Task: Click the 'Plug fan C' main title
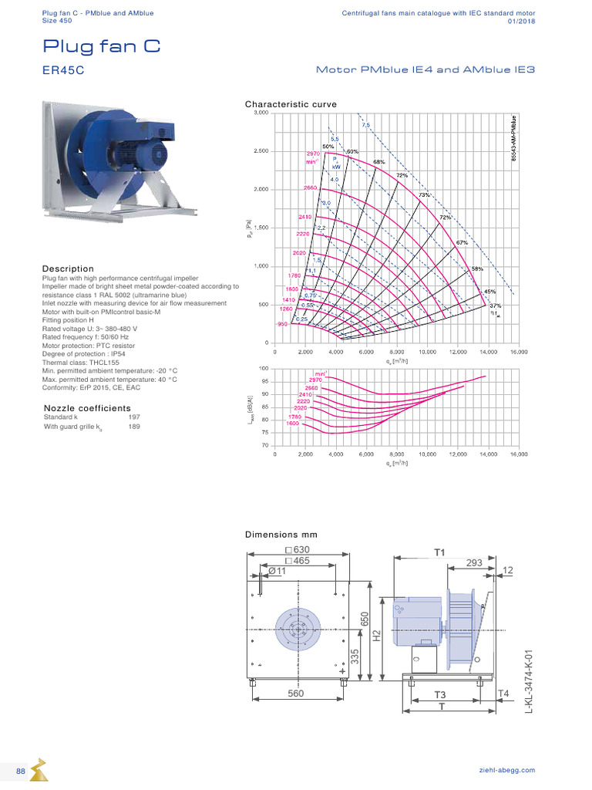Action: pos(102,46)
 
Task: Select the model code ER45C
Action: pos(63,69)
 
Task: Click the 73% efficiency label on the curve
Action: pos(423,195)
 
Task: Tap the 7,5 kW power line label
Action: pos(365,124)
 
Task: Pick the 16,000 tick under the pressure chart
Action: pos(518,351)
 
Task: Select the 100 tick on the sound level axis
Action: pos(264,369)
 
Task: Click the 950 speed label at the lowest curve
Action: pos(282,325)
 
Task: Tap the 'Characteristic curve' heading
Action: pos(291,103)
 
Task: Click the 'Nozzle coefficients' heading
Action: pos(87,408)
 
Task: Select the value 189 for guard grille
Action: pos(134,426)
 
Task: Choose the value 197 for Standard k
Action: pos(134,417)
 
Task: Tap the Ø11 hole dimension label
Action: pos(277,572)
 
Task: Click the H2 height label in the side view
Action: pos(377,636)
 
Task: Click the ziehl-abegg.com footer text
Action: pos(506,770)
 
